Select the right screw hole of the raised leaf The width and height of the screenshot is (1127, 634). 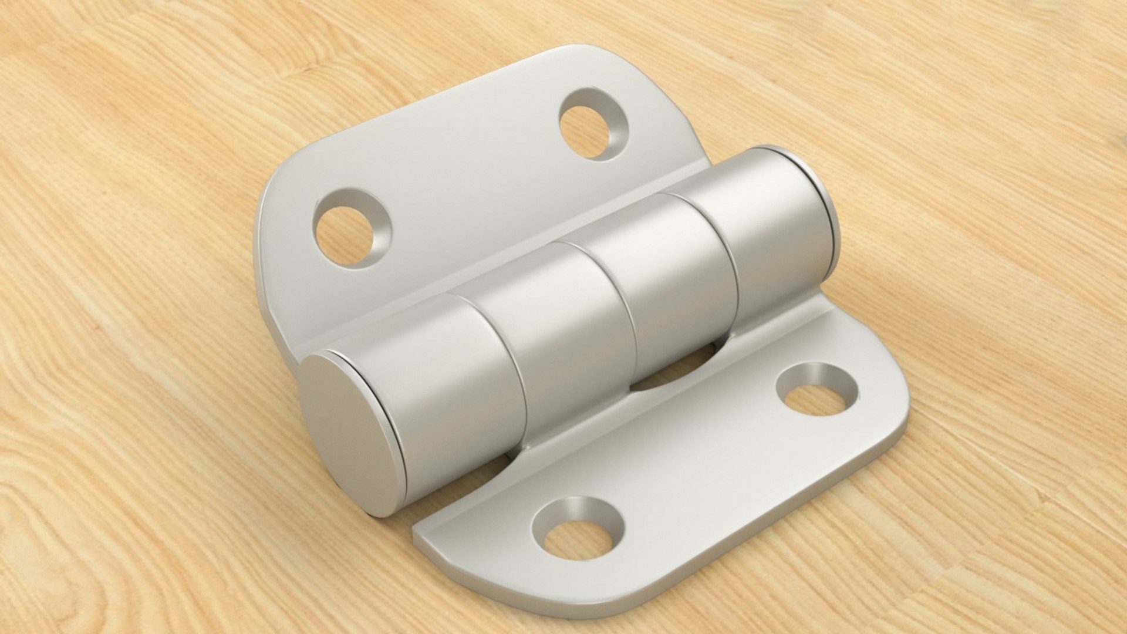(590, 130)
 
